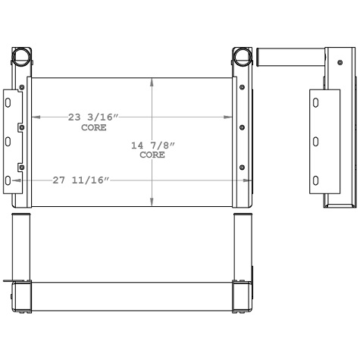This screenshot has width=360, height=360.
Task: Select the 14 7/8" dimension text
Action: pos(152,146)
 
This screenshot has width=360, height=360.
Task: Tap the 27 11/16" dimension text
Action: pos(81,180)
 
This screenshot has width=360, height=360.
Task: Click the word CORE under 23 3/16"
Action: pos(93,127)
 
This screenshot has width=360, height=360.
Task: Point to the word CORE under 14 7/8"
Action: pos(152,155)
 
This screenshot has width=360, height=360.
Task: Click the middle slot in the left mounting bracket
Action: pos(8,140)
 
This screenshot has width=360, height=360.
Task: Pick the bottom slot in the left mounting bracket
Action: pos(8,180)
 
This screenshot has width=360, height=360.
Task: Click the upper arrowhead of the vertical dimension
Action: pos(153,81)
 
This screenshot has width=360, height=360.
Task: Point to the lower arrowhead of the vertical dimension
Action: pos(153,202)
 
